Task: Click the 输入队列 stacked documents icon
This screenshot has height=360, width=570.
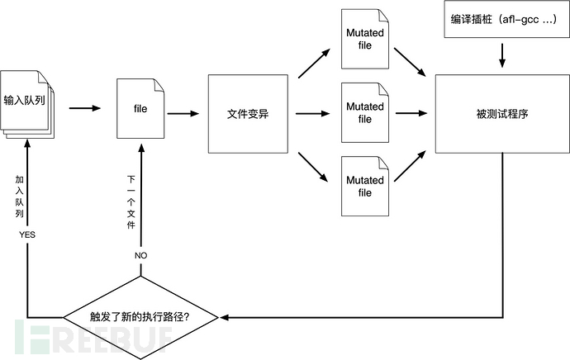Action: coord(26,102)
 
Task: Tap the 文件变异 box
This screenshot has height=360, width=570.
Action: coord(249,113)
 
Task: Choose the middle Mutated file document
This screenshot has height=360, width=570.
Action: coord(365,113)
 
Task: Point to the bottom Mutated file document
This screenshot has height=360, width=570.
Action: coord(365,187)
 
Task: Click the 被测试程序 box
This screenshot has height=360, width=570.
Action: coord(501,113)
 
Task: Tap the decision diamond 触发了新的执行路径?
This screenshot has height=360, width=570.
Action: coord(143,315)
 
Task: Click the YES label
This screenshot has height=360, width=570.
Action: coord(27,235)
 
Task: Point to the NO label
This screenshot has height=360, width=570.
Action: coord(141,256)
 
